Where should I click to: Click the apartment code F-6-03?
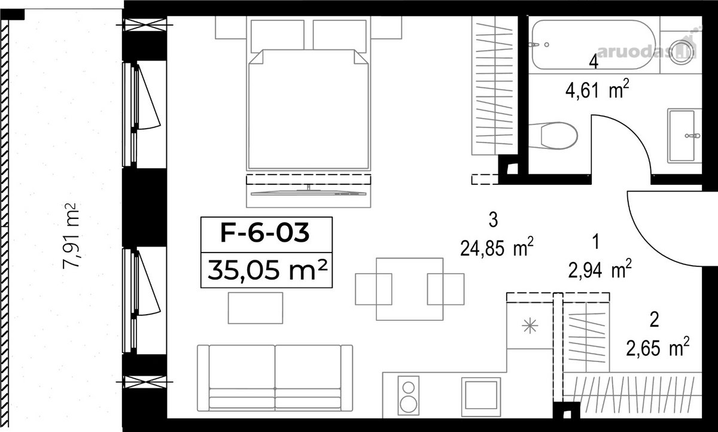(x=264, y=233)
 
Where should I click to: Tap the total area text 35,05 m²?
(x=267, y=270)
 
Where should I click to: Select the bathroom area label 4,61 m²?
(x=597, y=89)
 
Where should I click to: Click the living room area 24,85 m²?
(x=497, y=247)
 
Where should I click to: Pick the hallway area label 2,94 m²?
(x=600, y=269)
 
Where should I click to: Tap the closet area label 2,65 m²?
(x=658, y=346)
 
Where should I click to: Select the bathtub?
(x=594, y=45)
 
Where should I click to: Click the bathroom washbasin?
(x=684, y=136)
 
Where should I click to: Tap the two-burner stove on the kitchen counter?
(x=408, y=396)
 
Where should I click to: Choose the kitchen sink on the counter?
(x=481, y=397)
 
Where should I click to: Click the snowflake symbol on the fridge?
(x=530, y=326)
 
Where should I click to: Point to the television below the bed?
(x=308, y=192)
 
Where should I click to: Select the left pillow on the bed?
(x=278, y=36)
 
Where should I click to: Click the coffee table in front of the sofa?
(x=255, y=308)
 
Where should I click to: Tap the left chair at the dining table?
(x=373, y=289)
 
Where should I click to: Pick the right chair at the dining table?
(x=446, y=289)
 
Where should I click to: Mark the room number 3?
(x=493, y=220)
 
